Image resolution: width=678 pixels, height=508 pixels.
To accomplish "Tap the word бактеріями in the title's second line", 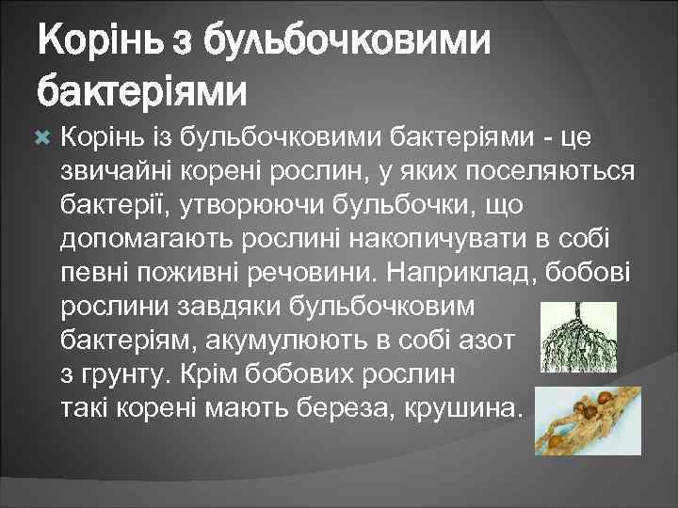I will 142,90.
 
